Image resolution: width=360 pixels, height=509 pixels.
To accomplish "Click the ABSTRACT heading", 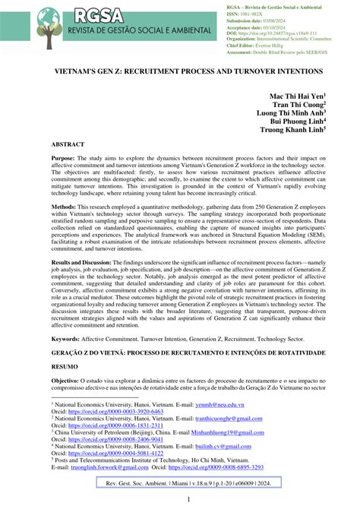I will click(x=73, y=165).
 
